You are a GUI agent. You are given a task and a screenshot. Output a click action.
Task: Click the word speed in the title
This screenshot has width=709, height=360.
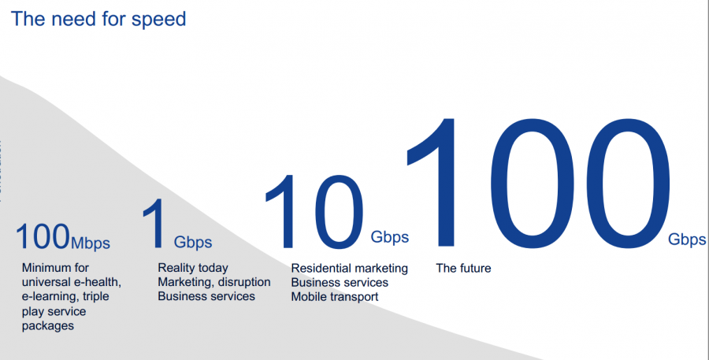click(x=158, y=20)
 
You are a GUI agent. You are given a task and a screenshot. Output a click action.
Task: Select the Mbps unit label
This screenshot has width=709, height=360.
click(x=91, y=243)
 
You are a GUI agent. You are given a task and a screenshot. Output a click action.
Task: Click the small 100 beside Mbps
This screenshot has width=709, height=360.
click(x=43, y=236)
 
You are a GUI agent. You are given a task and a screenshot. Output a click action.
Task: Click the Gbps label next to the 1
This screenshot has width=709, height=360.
click(x=193, y=243)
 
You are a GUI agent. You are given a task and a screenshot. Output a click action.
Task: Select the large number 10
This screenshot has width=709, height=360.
click(x=314, y=212)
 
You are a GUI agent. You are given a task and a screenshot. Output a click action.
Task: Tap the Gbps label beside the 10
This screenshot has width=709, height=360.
click(x=390, y=237)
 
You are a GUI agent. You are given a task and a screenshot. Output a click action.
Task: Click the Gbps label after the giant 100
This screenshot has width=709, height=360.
click(x=687, y=239)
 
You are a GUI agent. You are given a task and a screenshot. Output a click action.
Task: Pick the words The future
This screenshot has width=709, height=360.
click(x=463, y=268)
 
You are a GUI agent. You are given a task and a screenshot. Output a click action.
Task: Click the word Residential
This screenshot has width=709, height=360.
click(x=321, y=268)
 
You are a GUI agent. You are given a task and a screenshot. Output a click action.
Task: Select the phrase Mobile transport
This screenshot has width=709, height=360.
click(x=335, y=297)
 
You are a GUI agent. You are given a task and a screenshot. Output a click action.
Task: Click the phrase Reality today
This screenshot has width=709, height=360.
click(x=193, y=268)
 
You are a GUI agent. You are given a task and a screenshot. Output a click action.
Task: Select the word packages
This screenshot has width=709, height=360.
click(x=48, y=326)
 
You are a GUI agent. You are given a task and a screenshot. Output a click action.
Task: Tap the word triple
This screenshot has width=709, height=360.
click(x=96, y=297)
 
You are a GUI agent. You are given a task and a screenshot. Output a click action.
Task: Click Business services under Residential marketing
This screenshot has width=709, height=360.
click(x=340, y=283)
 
